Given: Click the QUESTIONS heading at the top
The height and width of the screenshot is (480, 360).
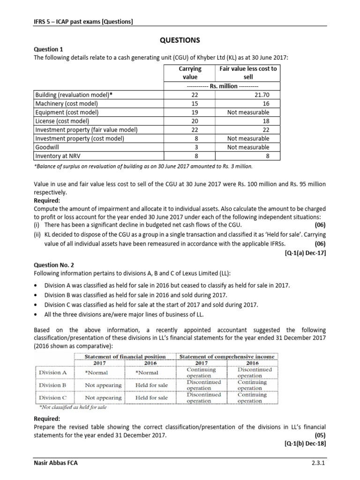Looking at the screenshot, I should coord(180,40).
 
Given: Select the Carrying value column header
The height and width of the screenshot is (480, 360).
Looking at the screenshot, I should coord(189,73).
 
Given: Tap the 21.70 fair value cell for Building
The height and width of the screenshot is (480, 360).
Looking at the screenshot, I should coord(269,95).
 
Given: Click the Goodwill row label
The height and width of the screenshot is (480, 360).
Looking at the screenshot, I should coord(48,147).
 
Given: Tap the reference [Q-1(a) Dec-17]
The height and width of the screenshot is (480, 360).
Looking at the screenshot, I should coord(305,253).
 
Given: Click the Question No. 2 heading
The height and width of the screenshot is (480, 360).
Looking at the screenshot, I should coord(55,265).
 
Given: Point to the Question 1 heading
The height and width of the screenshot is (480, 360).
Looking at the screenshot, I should coord(49,49).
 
